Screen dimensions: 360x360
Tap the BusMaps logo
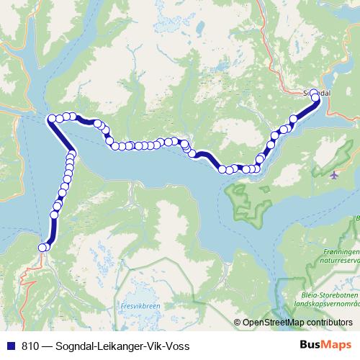327,346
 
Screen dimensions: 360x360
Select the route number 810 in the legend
30,346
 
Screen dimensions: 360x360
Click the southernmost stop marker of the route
42,248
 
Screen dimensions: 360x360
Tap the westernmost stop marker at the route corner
51,119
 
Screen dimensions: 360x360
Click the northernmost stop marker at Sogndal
313,94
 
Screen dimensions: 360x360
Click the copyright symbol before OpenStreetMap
238,323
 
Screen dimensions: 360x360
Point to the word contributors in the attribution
329,323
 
